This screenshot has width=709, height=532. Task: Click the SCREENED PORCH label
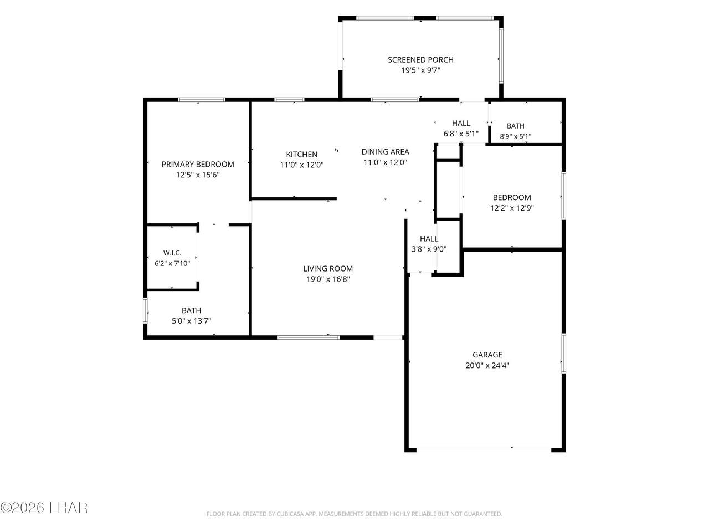click(x=420, y=60)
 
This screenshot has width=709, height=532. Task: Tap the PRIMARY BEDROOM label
click(x=198, y=165)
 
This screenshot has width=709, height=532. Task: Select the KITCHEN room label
click(x=302, y=155)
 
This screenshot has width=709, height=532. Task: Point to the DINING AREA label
click(x=385, y=152)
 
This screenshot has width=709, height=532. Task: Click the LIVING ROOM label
click(x=328, y=269)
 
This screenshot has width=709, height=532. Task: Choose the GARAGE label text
click(x=487, y=355)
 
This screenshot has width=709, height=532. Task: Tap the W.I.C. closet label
click(x=172, y=253)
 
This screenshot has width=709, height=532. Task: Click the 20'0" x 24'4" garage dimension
click(x=487, y=365)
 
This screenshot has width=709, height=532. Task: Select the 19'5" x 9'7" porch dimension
click(x=420, y=70)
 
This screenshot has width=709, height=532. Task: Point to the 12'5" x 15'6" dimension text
click(x=198, y=175)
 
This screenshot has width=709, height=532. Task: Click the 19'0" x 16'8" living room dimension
click(x=328, y=279)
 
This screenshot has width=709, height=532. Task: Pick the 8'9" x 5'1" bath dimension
click(x=515, y=136)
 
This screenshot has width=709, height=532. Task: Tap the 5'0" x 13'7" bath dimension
click(x=191, y=321)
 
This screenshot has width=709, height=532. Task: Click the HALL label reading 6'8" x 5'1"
click(x=461, y=124)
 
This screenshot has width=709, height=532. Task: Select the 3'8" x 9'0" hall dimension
click(x=429, y=249)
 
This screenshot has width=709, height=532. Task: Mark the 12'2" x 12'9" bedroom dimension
click(x=512, y=208)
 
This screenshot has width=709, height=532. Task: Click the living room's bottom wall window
click(x=309, y=337)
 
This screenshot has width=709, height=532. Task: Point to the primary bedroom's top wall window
click(x=202, y=100)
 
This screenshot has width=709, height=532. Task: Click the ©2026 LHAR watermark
click(x=44, y=508)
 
